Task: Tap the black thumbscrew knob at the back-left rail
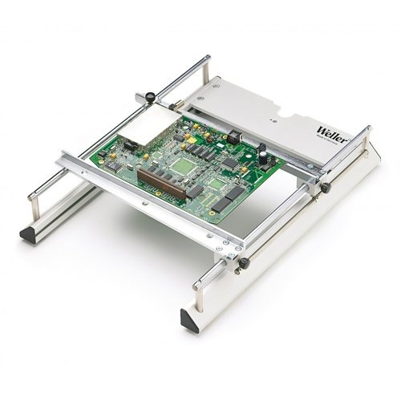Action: point(150,98)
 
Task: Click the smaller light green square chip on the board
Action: point(219,184)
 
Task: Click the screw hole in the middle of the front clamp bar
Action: point(143,204)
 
